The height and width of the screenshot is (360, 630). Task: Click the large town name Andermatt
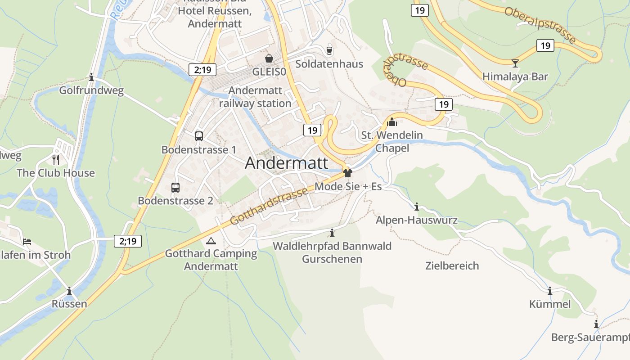click(287, 163)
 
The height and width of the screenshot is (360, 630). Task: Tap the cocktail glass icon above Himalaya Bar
click(515, 63)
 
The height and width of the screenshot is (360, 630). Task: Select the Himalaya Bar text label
click(515, 76)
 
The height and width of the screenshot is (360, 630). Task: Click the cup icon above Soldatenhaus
click(329, 50)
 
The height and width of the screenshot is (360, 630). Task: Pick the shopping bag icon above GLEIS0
click(269, 58)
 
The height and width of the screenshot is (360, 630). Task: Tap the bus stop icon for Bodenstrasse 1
click(198, 136)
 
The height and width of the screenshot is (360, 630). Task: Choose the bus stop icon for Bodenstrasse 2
click(175, 187)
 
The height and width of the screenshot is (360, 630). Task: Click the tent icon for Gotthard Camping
click(210, 241)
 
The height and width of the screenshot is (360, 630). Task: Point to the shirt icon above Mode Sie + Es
click(347, 173)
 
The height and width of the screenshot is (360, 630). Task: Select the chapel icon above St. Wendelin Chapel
click(392, 121)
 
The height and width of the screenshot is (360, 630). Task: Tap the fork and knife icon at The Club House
click(56, 159)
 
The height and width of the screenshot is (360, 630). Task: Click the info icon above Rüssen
click(69, 291)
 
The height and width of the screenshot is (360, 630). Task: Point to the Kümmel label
click(550, 304)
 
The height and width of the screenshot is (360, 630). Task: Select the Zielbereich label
click(452, 265)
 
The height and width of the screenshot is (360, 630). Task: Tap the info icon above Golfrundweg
click(91, 77)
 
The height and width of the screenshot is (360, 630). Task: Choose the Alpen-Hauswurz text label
click(416, 220)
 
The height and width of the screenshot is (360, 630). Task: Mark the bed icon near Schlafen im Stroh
click(27, 242)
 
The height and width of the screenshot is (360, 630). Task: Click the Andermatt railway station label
click(255, 97)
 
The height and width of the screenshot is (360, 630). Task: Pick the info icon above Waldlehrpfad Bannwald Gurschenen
click(332, 233)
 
